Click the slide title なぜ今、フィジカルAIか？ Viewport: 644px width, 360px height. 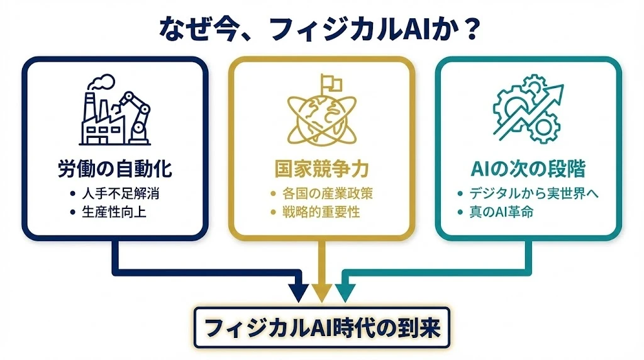pyautogui.click(x=321, y=29)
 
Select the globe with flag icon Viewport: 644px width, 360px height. pyautogui.click(x=321, y=112)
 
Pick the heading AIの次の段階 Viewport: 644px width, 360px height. pyautogui.click(x=528, y=169)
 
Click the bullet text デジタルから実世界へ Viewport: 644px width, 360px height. pyautogui.click(x=533, y=193)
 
